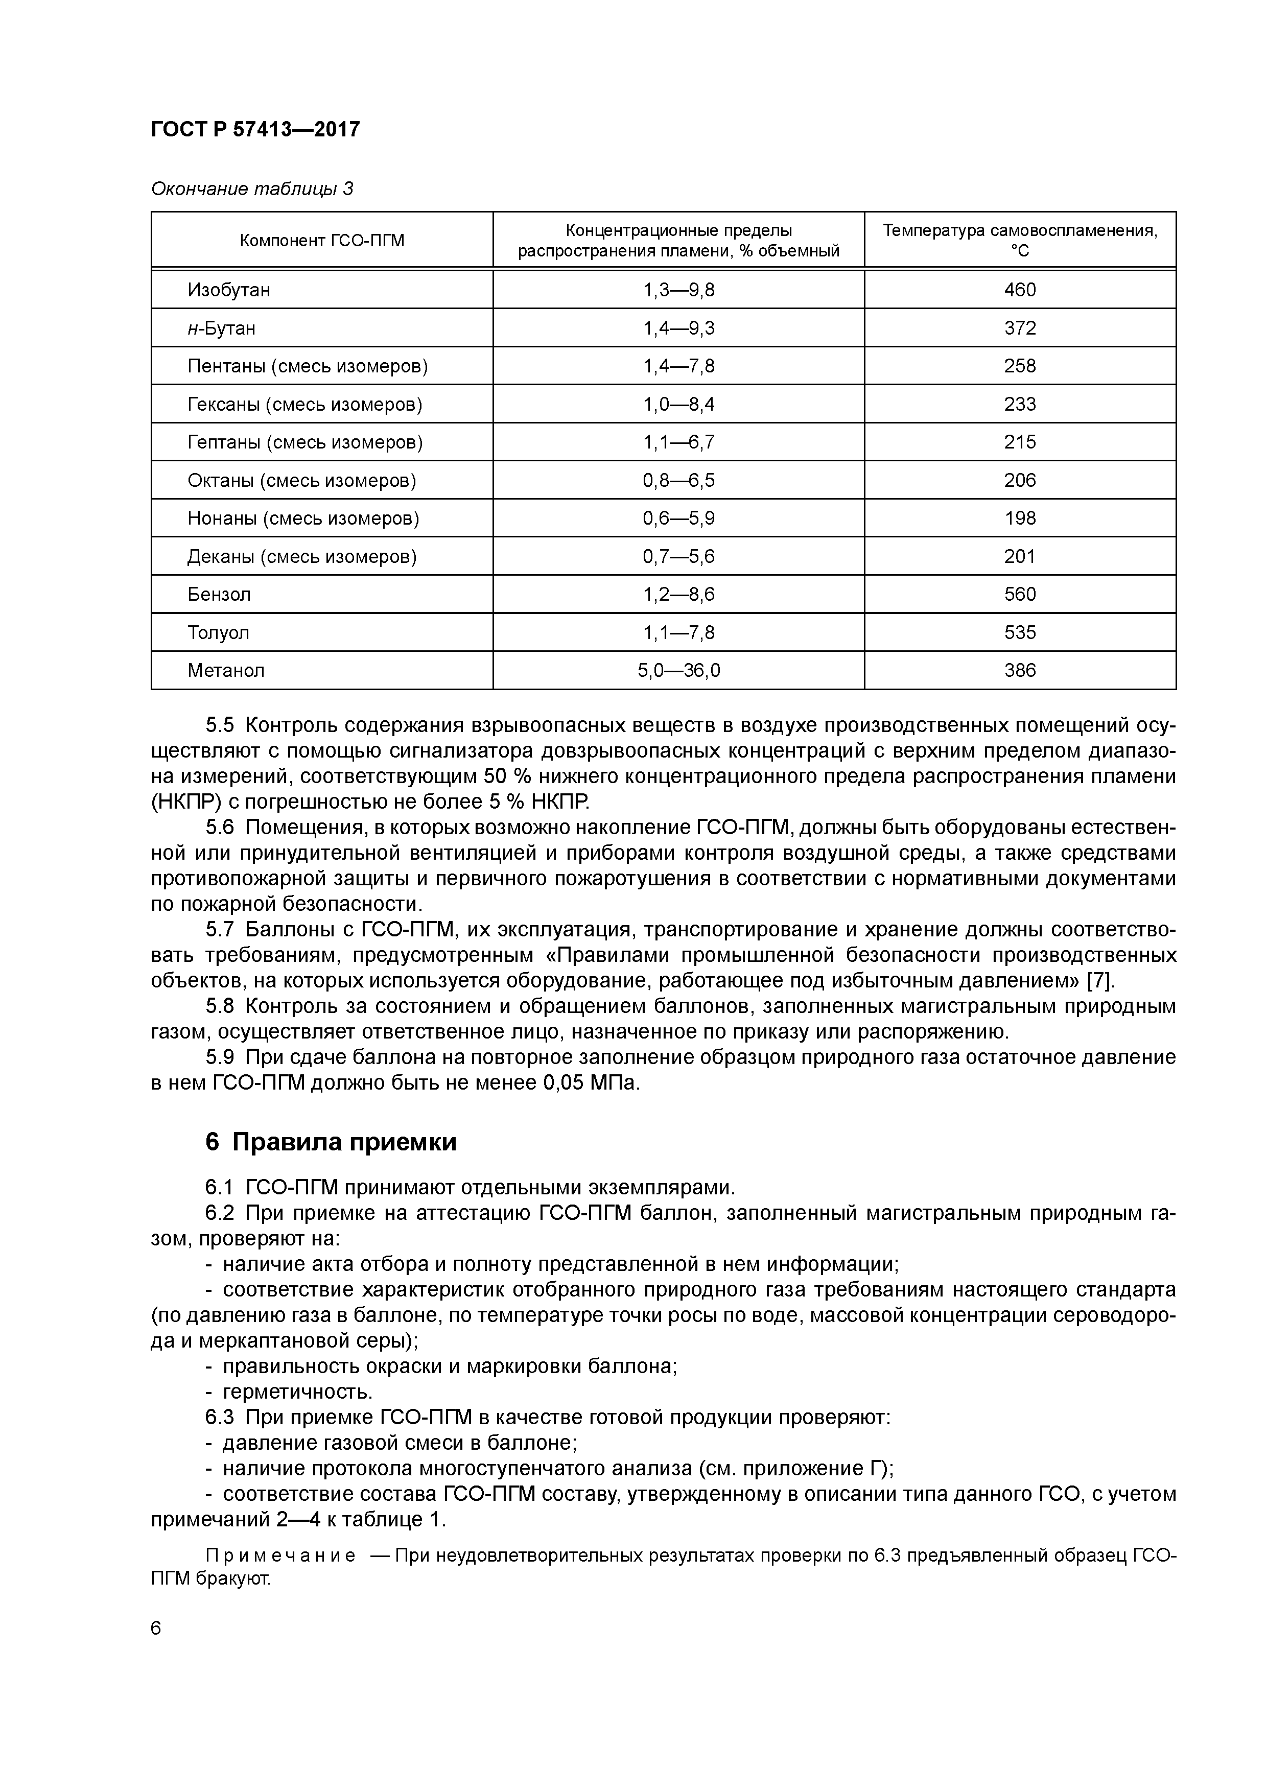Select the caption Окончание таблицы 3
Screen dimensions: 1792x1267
coord(251,189)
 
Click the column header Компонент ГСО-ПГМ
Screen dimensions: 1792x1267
coord(322,241)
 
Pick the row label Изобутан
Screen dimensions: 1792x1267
coord(229,290)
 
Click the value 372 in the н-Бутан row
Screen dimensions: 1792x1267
coord(1020,328)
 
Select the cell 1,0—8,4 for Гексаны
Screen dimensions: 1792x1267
coord(678,404)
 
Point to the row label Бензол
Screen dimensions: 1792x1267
coord(219,595)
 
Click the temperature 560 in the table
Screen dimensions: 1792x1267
coord(1020,595)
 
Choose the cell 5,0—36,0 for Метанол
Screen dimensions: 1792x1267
coord(678,670)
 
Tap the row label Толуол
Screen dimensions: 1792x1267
coord(219,633)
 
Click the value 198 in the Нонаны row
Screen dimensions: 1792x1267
coord(1020,518)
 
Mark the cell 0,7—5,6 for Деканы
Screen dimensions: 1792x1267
coord(678,556)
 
